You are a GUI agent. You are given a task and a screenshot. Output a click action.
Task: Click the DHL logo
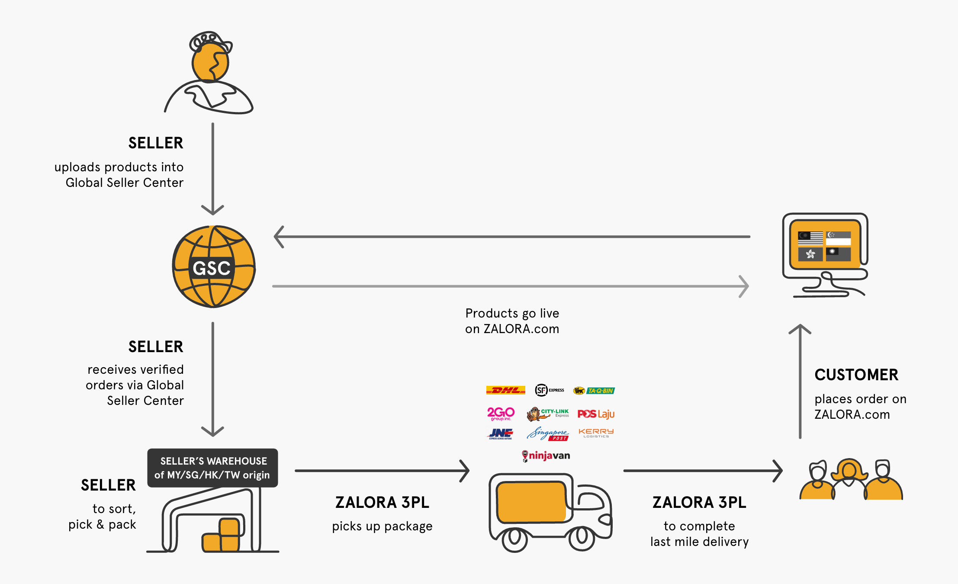coord(505,390)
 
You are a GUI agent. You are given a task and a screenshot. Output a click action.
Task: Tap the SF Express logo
coord(550,390)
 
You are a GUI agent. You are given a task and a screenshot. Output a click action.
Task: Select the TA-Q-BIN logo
coord(594,391)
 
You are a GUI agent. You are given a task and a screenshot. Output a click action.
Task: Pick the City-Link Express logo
coord(548,414)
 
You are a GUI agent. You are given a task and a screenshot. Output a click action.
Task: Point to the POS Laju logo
coord(596,414)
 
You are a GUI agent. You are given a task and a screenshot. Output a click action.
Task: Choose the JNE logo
coord(501,433)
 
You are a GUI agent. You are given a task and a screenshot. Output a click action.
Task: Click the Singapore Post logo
coord(548,434)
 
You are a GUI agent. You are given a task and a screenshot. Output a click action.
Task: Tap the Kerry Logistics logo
coord(596,433)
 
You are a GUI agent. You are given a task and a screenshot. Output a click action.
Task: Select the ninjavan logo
coord(546,456)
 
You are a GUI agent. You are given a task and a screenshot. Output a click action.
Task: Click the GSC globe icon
coord(213,267)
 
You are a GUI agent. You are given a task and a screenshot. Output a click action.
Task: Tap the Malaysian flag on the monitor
coord(810,238)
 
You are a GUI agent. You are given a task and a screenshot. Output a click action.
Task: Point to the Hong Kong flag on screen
coord(810,254)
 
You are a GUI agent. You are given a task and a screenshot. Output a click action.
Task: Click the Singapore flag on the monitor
coord(838,238)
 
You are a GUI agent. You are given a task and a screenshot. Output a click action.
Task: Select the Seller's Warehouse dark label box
coord(212,468)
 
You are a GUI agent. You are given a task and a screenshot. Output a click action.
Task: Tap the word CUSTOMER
coord(856,375)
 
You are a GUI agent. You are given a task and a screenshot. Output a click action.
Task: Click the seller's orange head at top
coord(210,63)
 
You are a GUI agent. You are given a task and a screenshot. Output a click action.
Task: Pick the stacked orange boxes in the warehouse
coord(222,536)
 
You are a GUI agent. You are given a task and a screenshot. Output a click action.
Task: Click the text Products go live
coord(512,313)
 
